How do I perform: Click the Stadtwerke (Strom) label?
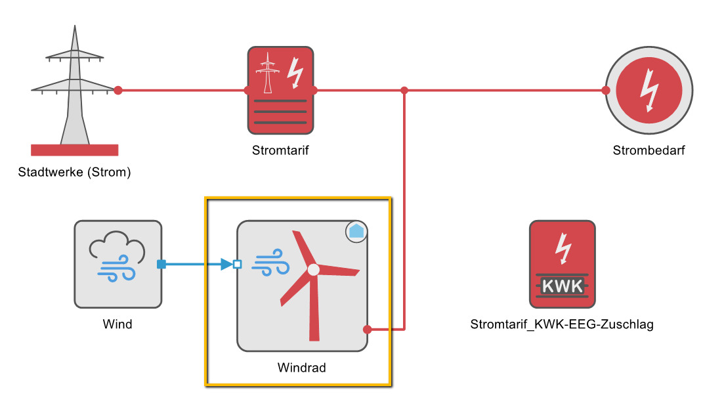[x=74, y=173]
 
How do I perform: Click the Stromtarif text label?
[x=280, y=150]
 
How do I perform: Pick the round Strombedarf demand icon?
[x=649, y=90]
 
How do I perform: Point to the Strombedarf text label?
[x=649, y=150]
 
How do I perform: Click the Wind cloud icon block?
[x=118, y=264]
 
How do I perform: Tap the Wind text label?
[x=117, y=324]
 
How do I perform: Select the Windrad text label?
[x=302, y=368]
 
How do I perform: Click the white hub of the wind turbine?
[x=314, y=269]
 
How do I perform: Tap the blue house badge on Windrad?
[x=356, y=231]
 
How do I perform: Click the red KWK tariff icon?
[x=563, y=264]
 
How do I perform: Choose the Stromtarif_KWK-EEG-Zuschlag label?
[x=562, y=324]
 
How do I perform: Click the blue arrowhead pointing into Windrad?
[x=226, y=265]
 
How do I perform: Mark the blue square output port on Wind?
[x=161, y=265]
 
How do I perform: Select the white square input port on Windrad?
[x=238, y=265]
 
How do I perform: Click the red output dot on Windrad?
[x=368, y=329]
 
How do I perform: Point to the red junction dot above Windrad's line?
[x=404, y=90]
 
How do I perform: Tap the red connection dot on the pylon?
[x=118, y=90]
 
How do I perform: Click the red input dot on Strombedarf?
[x=606, y=90]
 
